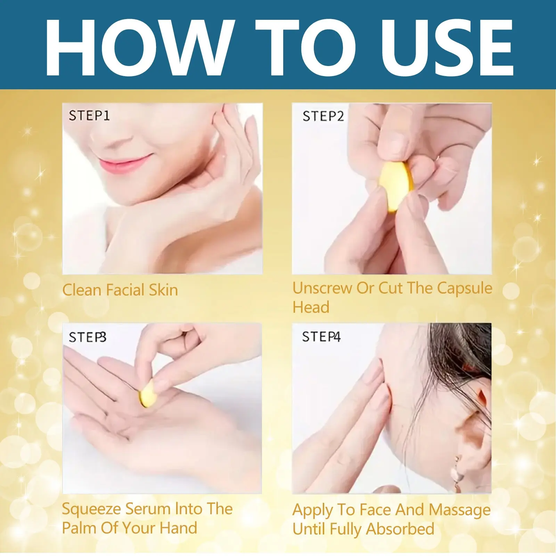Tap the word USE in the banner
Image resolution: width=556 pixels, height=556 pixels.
point(447,47)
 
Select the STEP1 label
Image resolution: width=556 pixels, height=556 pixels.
point(89,115)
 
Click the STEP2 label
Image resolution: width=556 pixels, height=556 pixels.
point(323,116)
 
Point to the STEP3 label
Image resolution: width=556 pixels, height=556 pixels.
point(88,337)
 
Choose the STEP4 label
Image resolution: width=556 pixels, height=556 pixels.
point(321,336)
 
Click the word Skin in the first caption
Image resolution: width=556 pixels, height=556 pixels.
point(163,290)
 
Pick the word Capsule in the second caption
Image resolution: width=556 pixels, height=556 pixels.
point(465,289)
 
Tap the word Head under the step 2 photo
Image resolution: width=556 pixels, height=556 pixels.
point(311,307)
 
